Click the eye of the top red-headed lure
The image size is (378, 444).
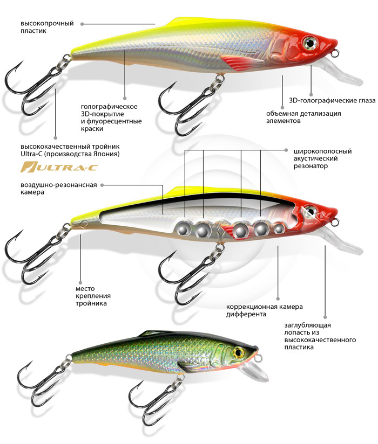[311, 42]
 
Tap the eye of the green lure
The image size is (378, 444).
[237, 353]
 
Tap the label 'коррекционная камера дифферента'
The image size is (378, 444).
[264, 311]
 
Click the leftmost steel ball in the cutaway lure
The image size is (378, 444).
[183, 228]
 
